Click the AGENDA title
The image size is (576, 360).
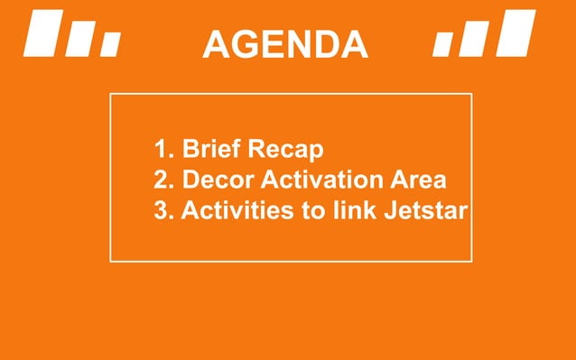tap(284, 43)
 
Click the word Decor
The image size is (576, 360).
tap(213, 180)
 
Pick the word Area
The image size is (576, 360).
tap(423, 180)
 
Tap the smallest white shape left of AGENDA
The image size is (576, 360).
tap(110, 43)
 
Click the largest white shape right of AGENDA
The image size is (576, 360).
tap(518, 32)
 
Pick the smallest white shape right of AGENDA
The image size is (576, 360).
tap(443, 43)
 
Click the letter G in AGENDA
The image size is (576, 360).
tap(255, 43)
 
